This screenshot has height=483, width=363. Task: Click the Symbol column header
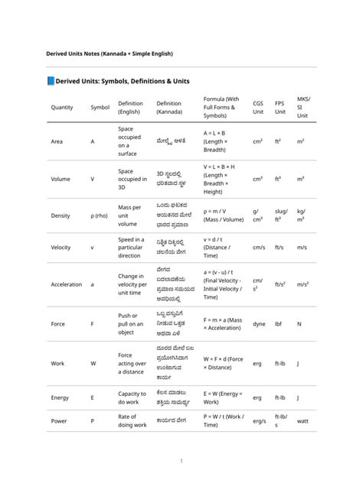[x=100, y=108]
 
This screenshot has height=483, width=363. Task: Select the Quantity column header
[x=62, y=108]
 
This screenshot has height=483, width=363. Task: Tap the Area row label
[x=57, y=141]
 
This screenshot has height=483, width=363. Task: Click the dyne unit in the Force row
[x=259, y=323]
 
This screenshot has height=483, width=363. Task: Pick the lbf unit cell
[x=279, y=323]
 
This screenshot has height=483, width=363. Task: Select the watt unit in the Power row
[x=302, y=420]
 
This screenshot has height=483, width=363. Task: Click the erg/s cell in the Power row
[x=260, y=420]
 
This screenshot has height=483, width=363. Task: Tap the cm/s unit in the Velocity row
[x=259, y=248]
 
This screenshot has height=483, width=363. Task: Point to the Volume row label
[x=60, y=178]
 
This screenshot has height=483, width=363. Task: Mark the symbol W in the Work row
[x=93, y=364]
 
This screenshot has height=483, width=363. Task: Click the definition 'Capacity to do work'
[x=132, y=397]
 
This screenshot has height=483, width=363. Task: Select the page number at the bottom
[x=181, y=461]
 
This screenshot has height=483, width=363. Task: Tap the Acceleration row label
[x=66, y=284]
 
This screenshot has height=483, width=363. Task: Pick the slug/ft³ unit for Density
[x=281, y=216]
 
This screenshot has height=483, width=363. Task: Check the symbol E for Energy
[x=93, y=397]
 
